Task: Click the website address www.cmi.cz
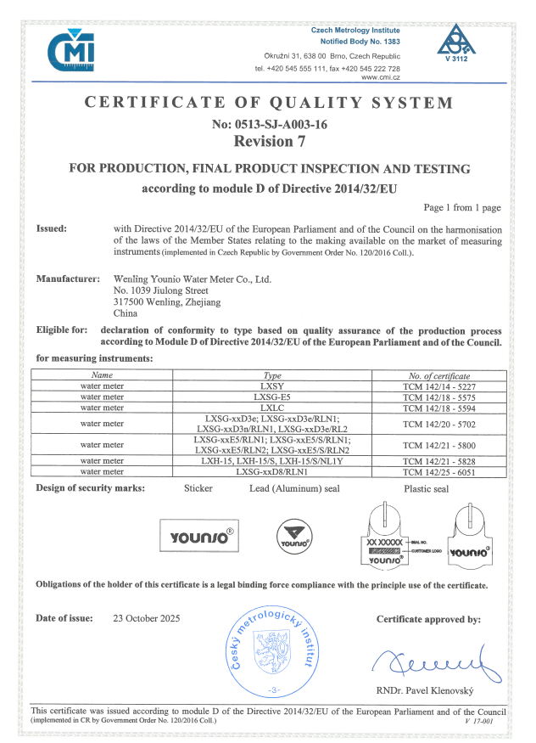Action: [x=381, y=77]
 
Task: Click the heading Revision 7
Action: [x=268, y=140]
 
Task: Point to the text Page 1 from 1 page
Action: [x=462, y=207]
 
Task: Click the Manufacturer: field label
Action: [x=64, y=279]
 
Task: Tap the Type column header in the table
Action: [x=272, y=374]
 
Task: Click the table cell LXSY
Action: [x=272, y=385]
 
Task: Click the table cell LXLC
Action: [x=272, y=407]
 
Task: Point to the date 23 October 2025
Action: [x=153, y=618]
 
